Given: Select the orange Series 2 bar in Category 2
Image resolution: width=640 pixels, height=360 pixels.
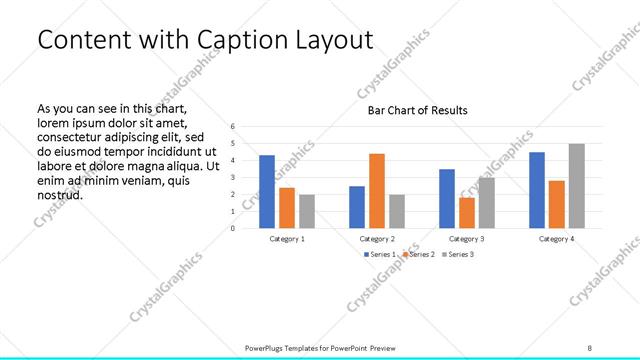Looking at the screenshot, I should click(376, 191).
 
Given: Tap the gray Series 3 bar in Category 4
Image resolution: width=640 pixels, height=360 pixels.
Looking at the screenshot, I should click(576, 186).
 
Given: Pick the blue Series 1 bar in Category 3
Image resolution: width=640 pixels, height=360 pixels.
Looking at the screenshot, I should click(446, 199).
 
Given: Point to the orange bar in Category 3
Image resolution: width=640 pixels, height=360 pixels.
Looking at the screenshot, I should click(466, 213).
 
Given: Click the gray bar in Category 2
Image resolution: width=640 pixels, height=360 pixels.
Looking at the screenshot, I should click(396, 211).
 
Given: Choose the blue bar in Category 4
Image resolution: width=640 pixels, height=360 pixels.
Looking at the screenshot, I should click(536, 190).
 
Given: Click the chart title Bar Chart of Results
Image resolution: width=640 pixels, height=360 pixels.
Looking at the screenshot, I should click(418, 110).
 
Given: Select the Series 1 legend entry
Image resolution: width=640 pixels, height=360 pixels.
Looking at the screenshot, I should click(380, 255).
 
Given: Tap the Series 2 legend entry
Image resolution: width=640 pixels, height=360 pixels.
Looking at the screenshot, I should click(418, 255).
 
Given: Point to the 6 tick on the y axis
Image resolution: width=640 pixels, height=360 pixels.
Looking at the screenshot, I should click(232, 127).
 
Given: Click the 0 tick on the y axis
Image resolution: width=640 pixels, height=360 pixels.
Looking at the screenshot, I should click(232, 228).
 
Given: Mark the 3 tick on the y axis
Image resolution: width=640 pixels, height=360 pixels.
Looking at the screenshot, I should click(232, 178).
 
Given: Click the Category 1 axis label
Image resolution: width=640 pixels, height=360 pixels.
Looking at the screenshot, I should click(287, 239).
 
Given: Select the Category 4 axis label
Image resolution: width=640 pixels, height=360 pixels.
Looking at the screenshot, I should click(556, 239).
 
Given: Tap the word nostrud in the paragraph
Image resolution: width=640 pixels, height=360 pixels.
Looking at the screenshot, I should click(59, 194).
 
